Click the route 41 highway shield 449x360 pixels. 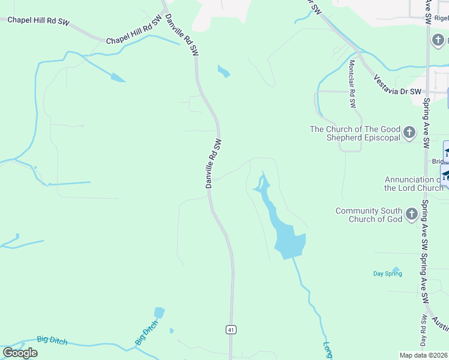click(x=231, y=329)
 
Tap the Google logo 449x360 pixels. click(x=20, y=352)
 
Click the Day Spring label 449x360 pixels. click(x=387, y=274)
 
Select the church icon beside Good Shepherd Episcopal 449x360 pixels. click(x=409, y=133)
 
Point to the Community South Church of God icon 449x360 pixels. click(x=412, y=214)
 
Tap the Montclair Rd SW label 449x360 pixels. click(x=352, y=84)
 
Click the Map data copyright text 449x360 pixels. click(x=424, y=355)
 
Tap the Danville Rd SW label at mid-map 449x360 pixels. click(x=214, y=164)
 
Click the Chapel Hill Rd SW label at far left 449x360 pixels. click(x=38, y=21)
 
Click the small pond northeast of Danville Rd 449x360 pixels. click(x=224, y=71)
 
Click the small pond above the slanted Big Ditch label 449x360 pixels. click(x=159, y=313)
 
